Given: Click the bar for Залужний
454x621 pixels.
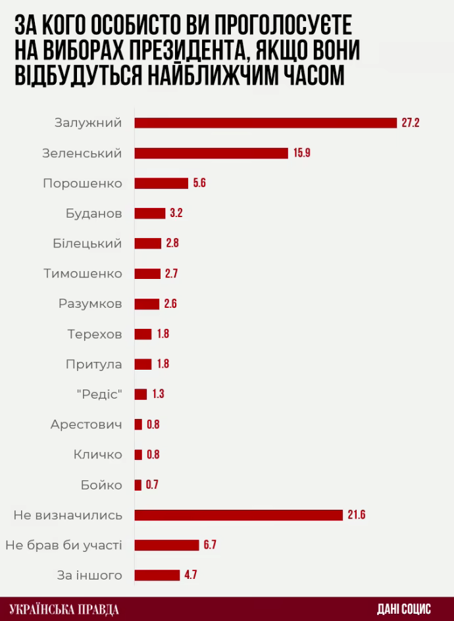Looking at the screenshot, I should [266, 122].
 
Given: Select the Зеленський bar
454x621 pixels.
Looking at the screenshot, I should [211, 153].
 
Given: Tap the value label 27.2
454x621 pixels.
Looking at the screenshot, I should [410, 122].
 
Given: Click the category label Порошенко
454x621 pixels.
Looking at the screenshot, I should [82, 183].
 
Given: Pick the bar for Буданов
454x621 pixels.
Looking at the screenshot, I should [150, 213].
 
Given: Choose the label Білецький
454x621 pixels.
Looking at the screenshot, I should [88, 243].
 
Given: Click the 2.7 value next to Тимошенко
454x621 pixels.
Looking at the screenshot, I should [171, 274].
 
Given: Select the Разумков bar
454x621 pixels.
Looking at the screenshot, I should [147, 304].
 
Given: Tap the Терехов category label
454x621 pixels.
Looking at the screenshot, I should [94, 334].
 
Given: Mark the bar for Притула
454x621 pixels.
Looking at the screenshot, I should [143, 364].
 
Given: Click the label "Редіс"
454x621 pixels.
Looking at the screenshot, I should [99, 394].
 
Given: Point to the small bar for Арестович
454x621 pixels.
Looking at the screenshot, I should [138, 424].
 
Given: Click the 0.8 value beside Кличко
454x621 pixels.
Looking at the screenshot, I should [153, 455].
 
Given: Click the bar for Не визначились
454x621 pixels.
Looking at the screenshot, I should [239, 514].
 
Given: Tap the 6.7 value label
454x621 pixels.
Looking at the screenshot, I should [211, 545].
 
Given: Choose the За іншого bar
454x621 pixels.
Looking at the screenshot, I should [157, 575].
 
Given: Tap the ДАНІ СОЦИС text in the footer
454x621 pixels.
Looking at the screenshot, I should [403, 609].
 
